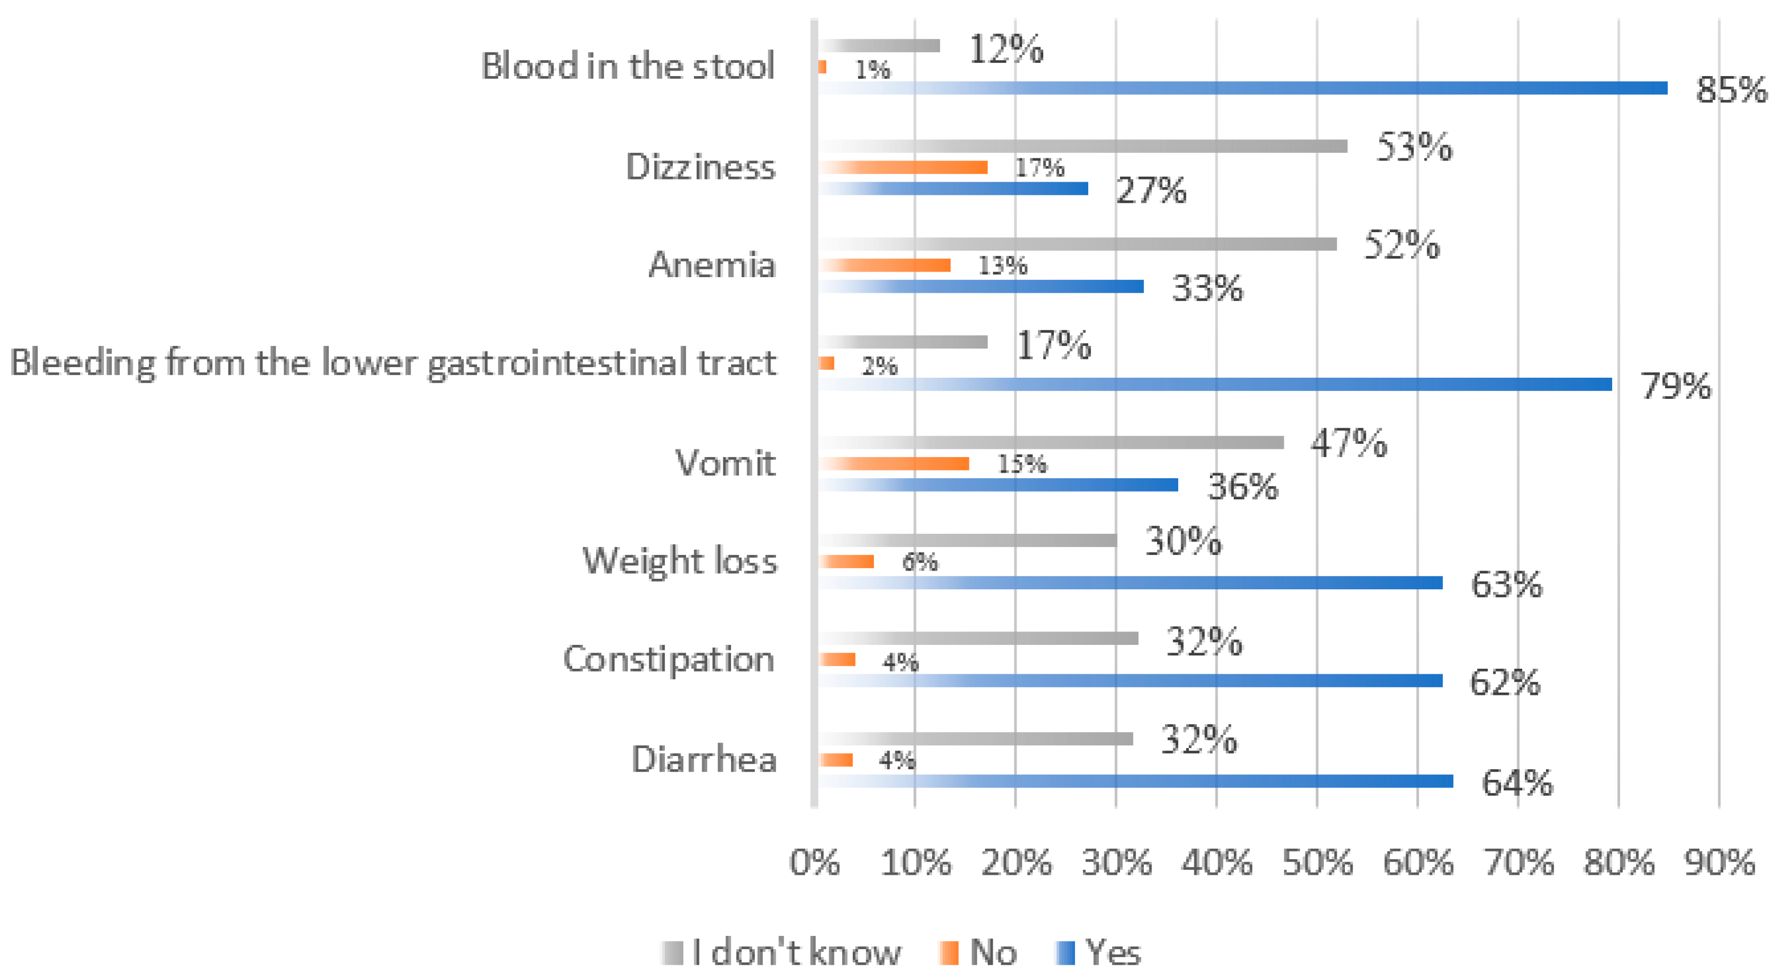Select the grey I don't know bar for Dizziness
click(1082, 146)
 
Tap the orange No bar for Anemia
click(884, 265)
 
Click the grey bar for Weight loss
click(967, 540)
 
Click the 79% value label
click(1675, 386)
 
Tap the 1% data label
click(872, 69)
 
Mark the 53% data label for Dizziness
click(1414, 147)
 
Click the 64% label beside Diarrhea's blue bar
click(1517, 783)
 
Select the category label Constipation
click(668, 659)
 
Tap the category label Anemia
click(712, 265)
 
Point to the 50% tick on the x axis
click(1317, 863)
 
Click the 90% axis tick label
click(1719, 863)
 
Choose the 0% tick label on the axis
click(814, 863)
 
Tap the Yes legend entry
click(1099, 953)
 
